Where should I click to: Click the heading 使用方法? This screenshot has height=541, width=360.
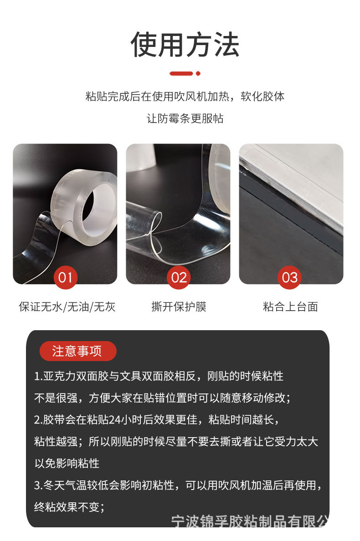pos(185,45)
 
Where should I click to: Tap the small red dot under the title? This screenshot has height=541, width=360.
pos(198,73)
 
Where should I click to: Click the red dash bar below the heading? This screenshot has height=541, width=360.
pos(181,73)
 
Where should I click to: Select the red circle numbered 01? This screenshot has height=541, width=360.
pos(65,277)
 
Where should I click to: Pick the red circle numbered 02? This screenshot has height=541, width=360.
pos(179,277)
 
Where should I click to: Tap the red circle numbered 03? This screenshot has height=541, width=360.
pos(290,277)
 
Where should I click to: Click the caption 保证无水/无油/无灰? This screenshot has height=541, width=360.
pos(67,306)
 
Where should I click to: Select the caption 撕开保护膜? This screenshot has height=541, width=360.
pos(179,306)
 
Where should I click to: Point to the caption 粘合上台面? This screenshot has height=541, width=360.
pos(290,306)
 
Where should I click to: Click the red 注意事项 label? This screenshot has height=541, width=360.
pos(77,351)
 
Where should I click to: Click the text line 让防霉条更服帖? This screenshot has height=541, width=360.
pos(185,118)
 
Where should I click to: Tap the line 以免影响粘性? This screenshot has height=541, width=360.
pos(67,463)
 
